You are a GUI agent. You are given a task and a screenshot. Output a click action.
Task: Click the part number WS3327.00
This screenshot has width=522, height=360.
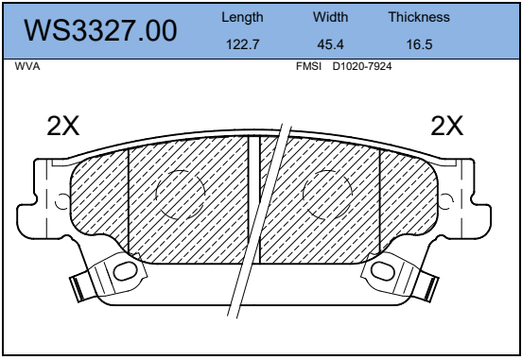100,30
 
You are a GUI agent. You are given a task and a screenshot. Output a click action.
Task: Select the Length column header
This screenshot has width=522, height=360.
242,17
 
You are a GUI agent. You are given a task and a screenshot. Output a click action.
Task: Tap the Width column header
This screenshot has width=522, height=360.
331,17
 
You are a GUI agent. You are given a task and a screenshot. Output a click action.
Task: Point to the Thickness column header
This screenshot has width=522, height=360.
419,17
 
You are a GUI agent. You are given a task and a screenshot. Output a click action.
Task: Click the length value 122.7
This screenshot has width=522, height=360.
242,44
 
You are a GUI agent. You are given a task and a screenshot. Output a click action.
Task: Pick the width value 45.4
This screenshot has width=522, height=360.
330,44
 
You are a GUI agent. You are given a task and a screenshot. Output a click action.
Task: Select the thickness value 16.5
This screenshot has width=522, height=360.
420,44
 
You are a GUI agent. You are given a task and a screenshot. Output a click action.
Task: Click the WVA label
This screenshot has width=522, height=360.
27,66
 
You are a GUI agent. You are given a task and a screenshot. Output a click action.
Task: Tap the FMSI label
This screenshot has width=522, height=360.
308,66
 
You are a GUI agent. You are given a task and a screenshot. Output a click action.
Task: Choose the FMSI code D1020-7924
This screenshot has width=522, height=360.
362,66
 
